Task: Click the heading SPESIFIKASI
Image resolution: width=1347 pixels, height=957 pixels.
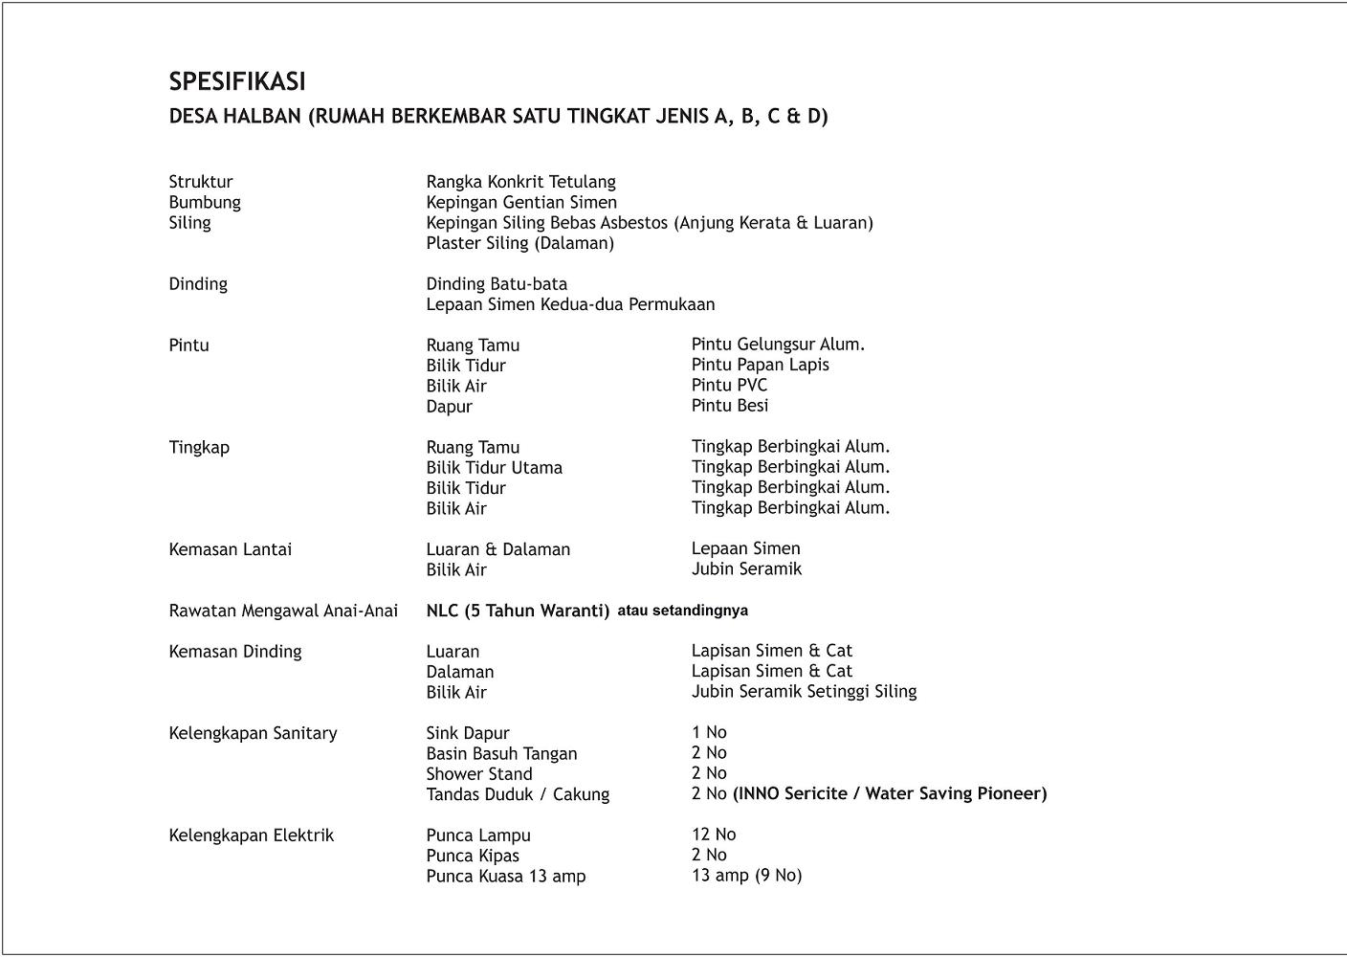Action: [x=237, y=81]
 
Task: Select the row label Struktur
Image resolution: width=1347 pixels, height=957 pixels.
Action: [x=201, y=182]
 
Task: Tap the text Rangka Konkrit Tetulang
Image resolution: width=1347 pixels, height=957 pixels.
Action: [x=520, y=182]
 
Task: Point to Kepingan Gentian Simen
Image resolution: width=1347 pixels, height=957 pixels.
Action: [x=521, y=202]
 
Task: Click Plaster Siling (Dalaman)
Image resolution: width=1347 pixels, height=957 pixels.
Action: [x=519, y=243]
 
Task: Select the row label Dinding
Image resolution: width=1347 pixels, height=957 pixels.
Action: [x=198, y=284]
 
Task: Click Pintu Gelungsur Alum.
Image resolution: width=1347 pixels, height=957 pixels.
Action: [x=778, y=345]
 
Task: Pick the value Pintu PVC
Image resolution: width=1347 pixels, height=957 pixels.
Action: [x=729, y=385]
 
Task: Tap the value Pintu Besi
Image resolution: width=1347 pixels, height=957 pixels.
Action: [x=730, y=406]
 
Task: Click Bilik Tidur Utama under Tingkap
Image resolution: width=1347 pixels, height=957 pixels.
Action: [x=494, y=468]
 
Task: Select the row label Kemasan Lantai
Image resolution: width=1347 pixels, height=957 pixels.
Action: [x=231, y=549]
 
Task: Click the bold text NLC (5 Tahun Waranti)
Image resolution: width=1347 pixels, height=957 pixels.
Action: [x=518, y=611]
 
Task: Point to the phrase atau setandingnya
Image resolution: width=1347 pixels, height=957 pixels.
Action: [x=682, y=611]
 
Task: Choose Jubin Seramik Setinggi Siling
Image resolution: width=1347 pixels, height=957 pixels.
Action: [x=804, y=691]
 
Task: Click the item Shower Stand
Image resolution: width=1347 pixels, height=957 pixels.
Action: [x=478, y=774]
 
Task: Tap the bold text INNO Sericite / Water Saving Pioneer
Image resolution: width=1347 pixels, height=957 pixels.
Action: [x=890, y=793]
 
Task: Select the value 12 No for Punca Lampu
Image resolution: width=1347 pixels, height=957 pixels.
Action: [x=714, y=835]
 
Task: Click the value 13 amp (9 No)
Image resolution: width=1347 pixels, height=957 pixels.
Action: [x=746, y=876]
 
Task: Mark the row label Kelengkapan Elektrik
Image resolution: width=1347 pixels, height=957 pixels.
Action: [x=252, y=835]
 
